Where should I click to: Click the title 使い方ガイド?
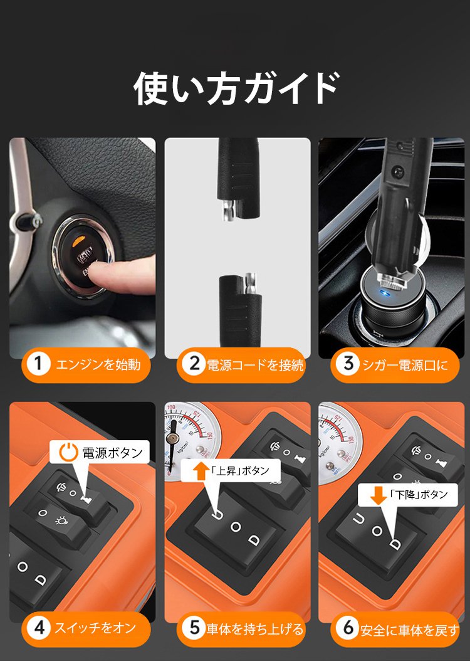tap(236, 88)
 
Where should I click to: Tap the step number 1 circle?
tap(38, 364)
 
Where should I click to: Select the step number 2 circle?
tap(194, 364)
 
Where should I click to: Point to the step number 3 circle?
tap(348, 364)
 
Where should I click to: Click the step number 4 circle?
tap(39, 627)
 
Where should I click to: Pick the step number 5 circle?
tap(194, 627)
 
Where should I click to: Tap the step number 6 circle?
tap(348, 627)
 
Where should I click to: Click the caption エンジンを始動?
tap(98, 364)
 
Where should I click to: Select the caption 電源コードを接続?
tap(255, 365)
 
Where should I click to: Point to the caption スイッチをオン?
tap(96, 627)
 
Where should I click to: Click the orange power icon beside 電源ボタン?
tap(68, 452)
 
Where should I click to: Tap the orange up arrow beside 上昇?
tap(201, 471)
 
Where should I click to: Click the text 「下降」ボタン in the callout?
tap(419, 495)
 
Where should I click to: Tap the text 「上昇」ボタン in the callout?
tap(240, 470)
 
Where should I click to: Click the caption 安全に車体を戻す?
tap(410, 630)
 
